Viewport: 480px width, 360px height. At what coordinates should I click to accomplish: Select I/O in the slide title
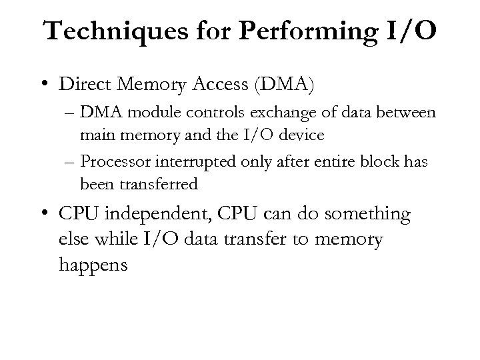point(412,32)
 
